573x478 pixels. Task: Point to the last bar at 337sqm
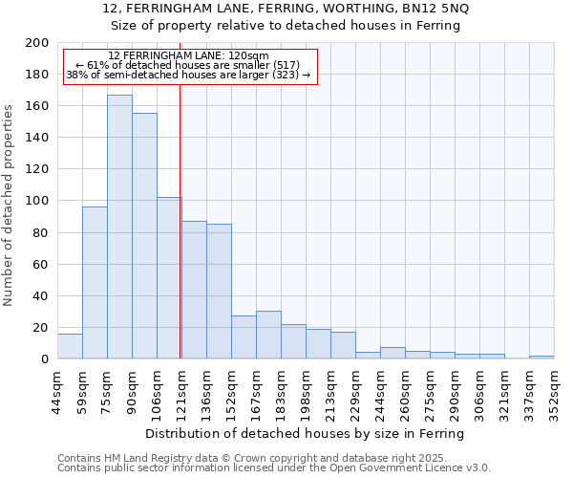point(541,357)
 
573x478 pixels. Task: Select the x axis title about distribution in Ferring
point(306,434)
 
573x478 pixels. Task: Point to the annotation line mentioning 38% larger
point(188,75)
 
